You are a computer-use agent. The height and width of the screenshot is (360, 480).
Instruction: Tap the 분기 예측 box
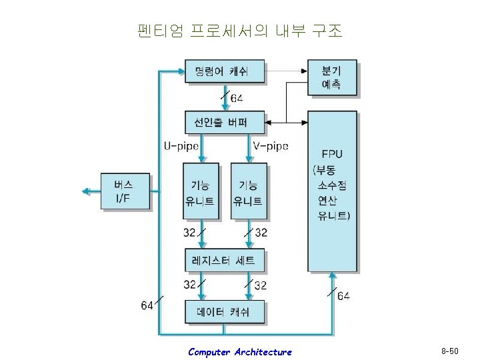[331, 77]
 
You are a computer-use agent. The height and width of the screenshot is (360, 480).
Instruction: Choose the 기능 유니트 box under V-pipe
[247, 192]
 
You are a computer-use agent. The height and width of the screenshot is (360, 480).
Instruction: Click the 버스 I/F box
[125, 191]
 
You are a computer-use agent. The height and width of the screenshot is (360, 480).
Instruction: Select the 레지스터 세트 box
[224, 261]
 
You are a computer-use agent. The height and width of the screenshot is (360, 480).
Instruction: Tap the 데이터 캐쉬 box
[224, 311]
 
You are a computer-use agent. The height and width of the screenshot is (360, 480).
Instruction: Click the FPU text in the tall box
[331, 153]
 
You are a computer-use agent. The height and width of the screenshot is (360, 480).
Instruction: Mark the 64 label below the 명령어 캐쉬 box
[237, 99]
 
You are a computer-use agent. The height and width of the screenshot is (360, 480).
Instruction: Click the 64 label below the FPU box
[344, 296]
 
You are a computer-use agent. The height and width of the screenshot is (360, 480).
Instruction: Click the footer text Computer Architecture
[239, 351]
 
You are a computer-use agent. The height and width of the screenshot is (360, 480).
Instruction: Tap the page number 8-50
[451, 351]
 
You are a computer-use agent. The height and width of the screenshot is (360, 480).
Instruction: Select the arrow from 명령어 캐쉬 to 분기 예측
[285, 70]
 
